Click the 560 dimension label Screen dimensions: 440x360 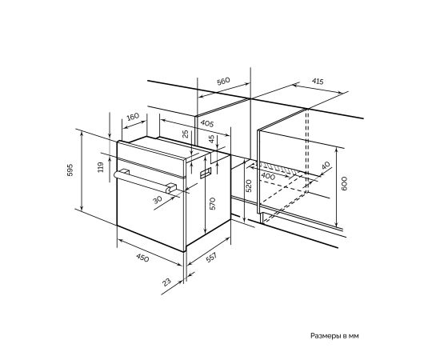(x=223, y=81)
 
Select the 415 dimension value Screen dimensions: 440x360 (x=318, y=82)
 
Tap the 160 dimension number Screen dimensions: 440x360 (x=133, y=116)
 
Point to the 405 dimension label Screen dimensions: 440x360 (x=207, y=123)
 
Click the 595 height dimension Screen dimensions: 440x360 (x=70, y=170)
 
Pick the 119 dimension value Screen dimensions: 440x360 (x=101, y=167)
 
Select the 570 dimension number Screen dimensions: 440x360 (x=213, y=204)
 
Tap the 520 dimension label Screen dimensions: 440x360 (x=249, y=186)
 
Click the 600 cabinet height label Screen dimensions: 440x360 (x=344, y=183)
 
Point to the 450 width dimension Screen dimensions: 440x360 (x=142, y=258)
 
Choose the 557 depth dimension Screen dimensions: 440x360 (x=211, y=258)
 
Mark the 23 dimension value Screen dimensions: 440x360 (x=166, y=282)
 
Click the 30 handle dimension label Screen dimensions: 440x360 (x=158, y=199)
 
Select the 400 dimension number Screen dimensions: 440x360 (x=268, y=176)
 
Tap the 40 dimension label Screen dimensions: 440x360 (x=326, y=166)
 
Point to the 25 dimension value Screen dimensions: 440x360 (x=186, y=134)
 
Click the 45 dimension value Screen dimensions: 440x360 (x=212, y=139)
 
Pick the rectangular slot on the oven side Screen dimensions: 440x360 (x=206, y=173)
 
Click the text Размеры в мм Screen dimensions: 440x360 (x=334, y=335)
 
